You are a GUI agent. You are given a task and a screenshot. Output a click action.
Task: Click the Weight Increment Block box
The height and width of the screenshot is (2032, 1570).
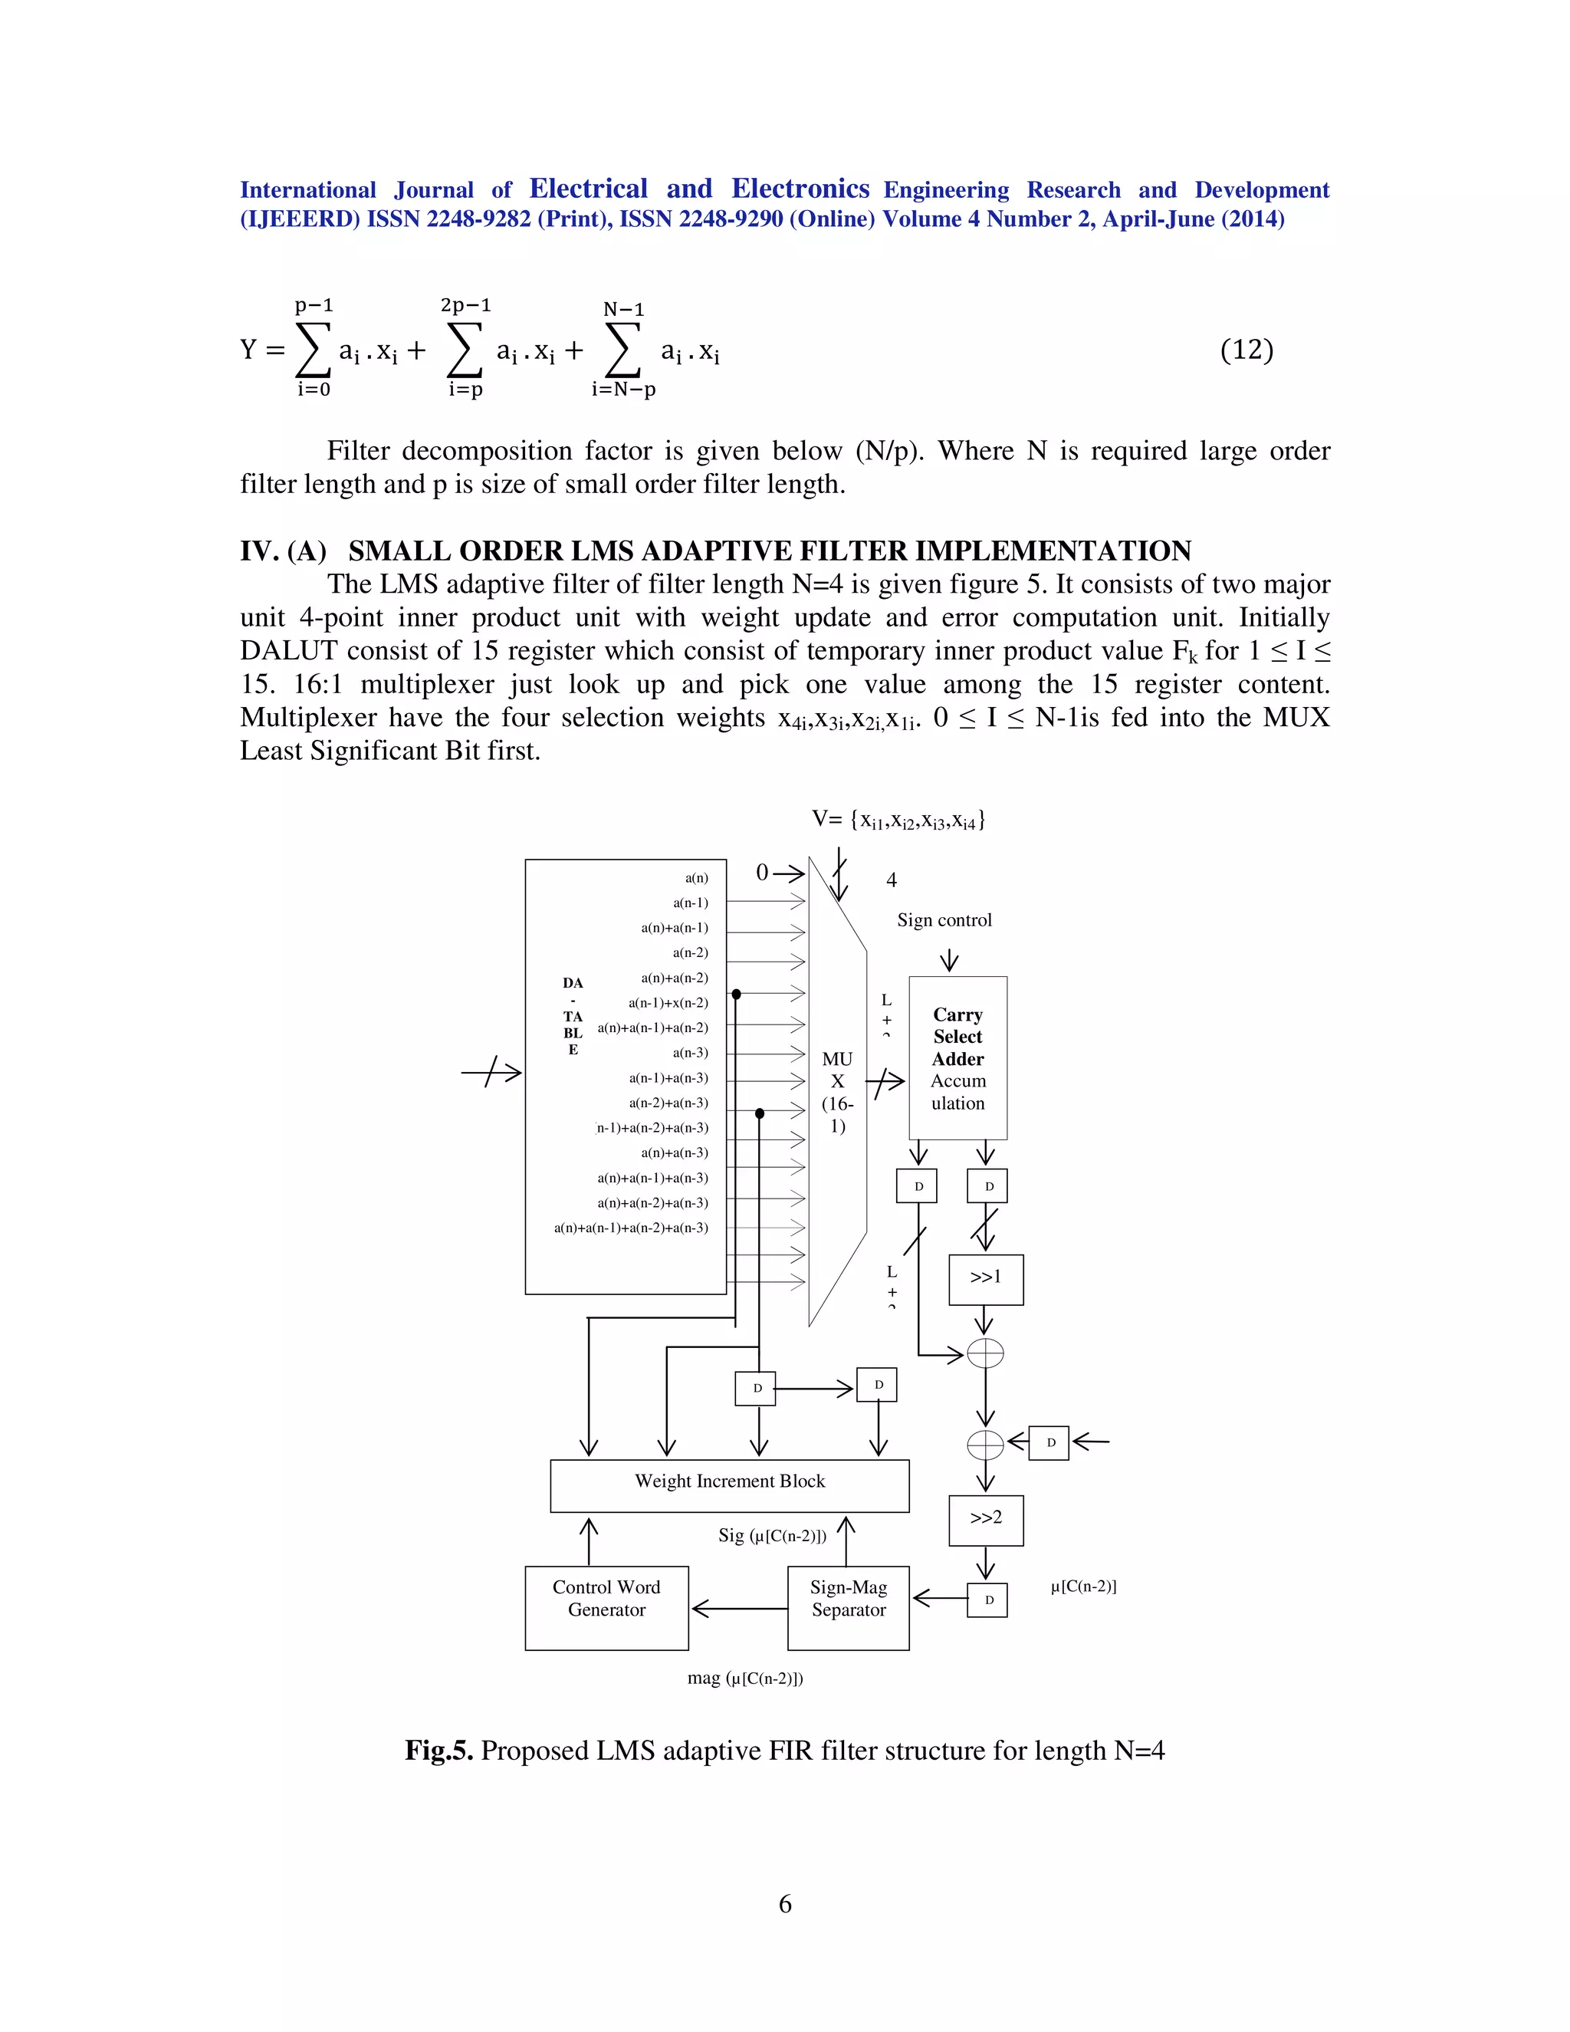(729, 1485)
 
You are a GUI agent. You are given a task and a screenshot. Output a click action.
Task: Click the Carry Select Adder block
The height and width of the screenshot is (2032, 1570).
(958, 1058)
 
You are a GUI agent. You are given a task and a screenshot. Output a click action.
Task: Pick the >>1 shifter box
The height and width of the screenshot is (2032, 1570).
(986, 1279)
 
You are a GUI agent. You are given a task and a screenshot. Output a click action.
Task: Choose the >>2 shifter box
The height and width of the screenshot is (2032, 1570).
(986, 1521)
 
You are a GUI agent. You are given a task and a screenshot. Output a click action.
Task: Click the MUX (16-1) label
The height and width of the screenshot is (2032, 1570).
(837, 1092)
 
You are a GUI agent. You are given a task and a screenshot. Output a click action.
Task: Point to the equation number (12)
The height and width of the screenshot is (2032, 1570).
(1246, 350)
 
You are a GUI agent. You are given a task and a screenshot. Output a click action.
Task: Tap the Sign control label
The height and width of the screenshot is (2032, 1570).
(944, 920)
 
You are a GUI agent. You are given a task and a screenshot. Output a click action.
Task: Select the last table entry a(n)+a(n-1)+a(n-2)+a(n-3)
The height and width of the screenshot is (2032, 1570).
(631, 1228)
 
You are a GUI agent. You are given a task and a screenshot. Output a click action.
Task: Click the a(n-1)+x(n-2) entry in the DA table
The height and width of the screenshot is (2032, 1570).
(668, 1003)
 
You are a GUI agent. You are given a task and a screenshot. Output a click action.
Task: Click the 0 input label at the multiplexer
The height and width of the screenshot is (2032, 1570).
(763, 873)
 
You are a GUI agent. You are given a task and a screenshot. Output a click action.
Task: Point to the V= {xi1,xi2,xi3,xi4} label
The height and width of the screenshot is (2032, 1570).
(898, 820)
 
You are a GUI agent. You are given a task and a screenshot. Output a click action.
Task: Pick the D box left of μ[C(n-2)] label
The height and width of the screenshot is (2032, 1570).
(987, 1600)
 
